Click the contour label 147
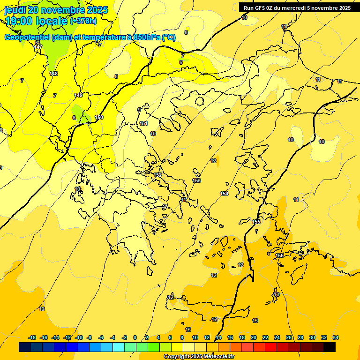(x=38, y=47)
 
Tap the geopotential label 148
(x=53, y=74)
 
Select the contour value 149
(x=78, y=95)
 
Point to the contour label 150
(x=99, y=117)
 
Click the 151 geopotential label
(x=143, y=123)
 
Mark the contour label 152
(x=158, y=175)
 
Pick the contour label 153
(x=196, y=180)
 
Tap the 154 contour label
(x=224, y=194)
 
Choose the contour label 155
(x=256, y=222)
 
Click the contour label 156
(x=280, y=255)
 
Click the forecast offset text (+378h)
(x=83, y=21)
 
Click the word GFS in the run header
(x=259, y=8)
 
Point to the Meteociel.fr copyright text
(x=199, y=357)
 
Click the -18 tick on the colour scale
(x=32, y=337)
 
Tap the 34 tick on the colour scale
(x=335, y=337)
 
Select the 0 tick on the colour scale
(x=135, y=337)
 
